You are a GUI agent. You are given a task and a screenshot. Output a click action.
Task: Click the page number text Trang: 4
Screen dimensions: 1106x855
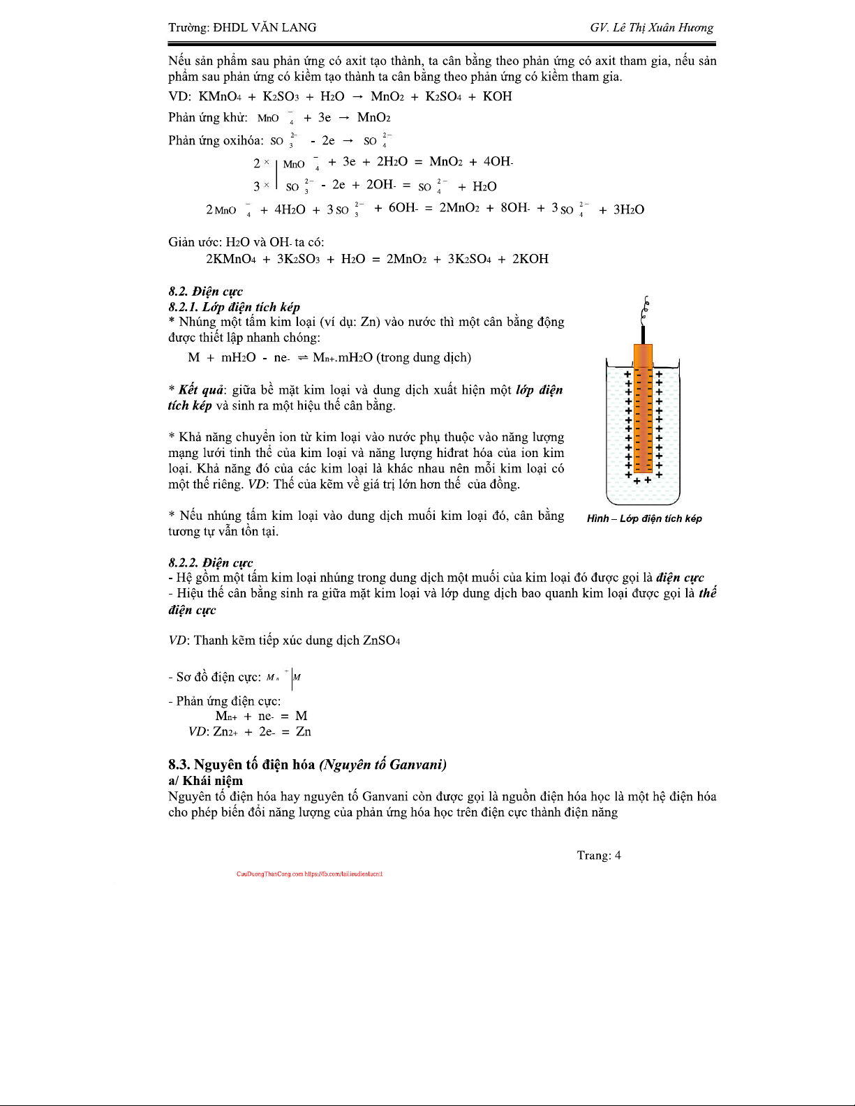(x=598, y=855)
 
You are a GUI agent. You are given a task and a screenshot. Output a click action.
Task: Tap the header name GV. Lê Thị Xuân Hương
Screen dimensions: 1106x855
(x=651, y=28)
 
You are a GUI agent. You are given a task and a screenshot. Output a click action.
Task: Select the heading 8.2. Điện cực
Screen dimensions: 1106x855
(x=205, y=292)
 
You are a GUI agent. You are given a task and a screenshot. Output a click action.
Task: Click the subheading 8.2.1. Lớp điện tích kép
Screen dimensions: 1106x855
(x=234, y=307)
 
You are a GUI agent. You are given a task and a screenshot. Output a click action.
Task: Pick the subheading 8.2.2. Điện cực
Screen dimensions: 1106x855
(x=210, y=562)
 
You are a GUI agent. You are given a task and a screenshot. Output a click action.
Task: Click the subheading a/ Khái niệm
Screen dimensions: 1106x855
(x=205, y=781)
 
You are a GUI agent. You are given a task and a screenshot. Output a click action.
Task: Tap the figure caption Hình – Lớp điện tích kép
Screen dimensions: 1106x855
(x=644, y=518)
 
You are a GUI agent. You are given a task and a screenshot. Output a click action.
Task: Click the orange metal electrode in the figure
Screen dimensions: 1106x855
(x=643, y=412)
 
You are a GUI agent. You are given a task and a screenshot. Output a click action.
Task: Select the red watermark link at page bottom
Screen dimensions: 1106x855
(x=309, y=874)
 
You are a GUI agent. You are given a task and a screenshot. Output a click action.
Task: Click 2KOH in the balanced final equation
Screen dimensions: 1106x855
(x=530, y=259)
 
